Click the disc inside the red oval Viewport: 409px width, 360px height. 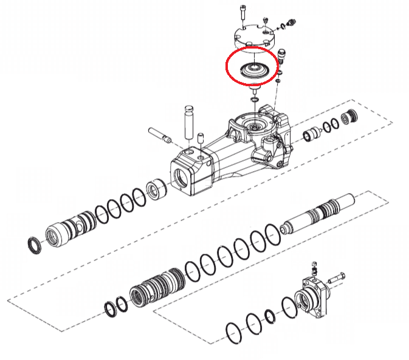251,69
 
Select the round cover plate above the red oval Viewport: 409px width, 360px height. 253,38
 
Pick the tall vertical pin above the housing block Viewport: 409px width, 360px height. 188,121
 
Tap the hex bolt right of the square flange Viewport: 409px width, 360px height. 336,279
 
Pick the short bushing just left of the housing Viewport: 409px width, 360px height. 157,190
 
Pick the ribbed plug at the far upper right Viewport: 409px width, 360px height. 350,118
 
